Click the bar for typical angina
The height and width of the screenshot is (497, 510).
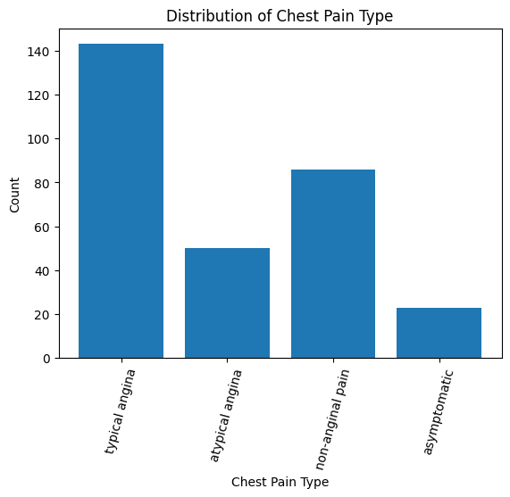tap(121, 201)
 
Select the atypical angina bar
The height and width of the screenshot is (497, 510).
tap(227, 303)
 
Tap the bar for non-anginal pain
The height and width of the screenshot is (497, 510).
tap(333, 264)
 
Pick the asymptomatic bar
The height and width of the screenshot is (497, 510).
tap(439, 333)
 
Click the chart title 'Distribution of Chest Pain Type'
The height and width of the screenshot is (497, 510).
tap(280, 16)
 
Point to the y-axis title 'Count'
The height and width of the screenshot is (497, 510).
tap(14, 195)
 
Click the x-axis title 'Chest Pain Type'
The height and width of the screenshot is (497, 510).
tap(280, 482)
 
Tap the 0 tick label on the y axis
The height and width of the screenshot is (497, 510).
tap(46, 359)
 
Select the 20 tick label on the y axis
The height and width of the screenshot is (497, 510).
tap(43, 315)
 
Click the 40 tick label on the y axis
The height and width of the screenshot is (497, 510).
tap(43, 271)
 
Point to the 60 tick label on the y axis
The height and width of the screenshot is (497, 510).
tap(43, 227)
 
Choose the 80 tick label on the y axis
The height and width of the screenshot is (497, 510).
tap(43, 183)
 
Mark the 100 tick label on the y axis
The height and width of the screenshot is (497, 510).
tap(38, 139)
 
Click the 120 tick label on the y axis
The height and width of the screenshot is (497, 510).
tap(38, 95)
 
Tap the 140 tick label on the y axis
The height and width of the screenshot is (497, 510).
tap(38, 52)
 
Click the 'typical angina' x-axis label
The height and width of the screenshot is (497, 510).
tap(120, 411)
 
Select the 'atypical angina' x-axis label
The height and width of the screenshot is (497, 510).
tap(226, 416)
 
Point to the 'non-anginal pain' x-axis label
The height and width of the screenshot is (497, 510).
tap(332, 419)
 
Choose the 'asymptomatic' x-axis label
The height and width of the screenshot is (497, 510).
tap(439, 411)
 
